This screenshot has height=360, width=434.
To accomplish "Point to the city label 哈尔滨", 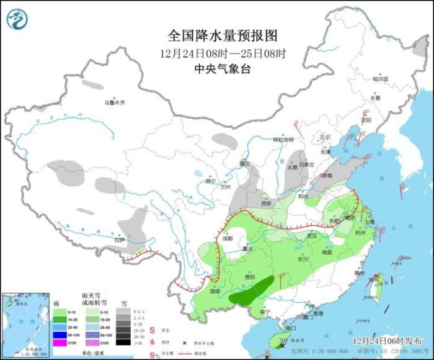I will (x=380, y=79).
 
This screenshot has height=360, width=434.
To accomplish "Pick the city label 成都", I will (x=227, y=238).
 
